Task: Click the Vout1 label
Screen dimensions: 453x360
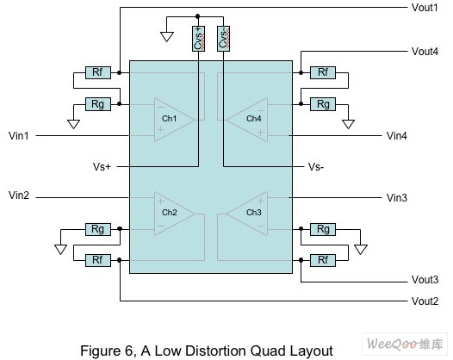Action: (425, 8)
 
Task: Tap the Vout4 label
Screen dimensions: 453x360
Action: (425, 52)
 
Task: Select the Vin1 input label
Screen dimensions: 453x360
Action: (19, 135)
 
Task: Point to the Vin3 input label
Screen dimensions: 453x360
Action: (397, 197)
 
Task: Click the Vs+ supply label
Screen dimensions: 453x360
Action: (102, 167)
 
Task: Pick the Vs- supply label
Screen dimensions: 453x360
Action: (316, 167)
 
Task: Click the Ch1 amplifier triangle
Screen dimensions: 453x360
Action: (174, 120)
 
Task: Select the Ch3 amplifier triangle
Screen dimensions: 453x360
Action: (246, 214)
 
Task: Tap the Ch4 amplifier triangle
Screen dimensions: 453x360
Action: (246, 120)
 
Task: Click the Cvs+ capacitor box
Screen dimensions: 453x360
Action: (198, 39)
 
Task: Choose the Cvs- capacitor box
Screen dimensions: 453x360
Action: (223, 39)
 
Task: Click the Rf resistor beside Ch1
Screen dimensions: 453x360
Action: (98, 72)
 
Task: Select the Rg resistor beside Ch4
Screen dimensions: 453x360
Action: (323, 104)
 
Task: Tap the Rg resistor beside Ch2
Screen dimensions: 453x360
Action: (98, 229)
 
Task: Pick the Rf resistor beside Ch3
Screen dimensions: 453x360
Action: (323, 260)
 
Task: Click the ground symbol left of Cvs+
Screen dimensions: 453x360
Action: (167, 37)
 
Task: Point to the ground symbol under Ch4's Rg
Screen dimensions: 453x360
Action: (348, 124)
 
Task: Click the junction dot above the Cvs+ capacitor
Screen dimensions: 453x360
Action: (197, 16)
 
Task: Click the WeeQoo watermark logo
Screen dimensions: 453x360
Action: (405, 344)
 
